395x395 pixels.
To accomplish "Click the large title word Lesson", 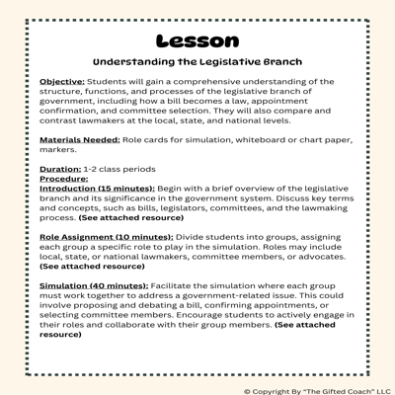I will (x=197, y=40).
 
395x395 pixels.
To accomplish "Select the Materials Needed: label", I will (x=78, y=140).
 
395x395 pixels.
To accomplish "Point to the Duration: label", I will (x=60, y=170).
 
